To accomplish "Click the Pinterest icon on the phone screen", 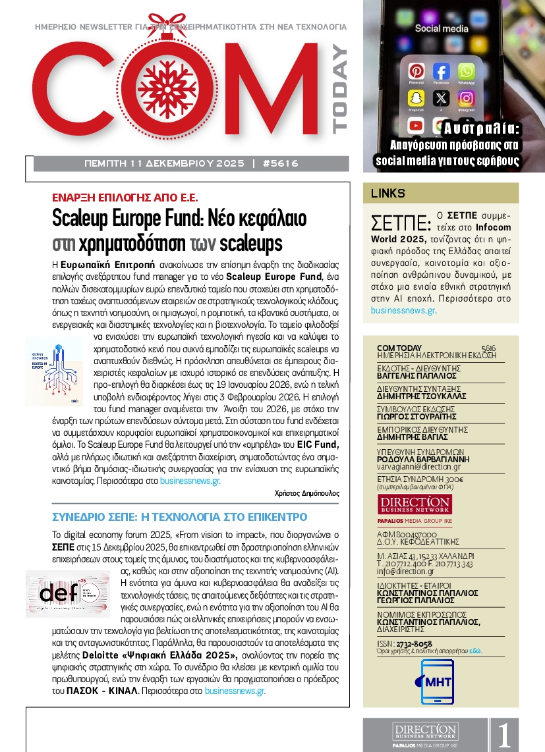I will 416,71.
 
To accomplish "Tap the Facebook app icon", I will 441,71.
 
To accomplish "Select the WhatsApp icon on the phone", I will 466,71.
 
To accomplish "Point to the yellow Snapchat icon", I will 416,97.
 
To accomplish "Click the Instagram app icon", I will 467,97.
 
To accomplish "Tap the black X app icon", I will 441,98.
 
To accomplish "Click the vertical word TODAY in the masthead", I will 339,89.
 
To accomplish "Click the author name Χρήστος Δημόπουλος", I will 306,493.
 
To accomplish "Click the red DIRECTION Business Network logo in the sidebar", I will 415,506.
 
